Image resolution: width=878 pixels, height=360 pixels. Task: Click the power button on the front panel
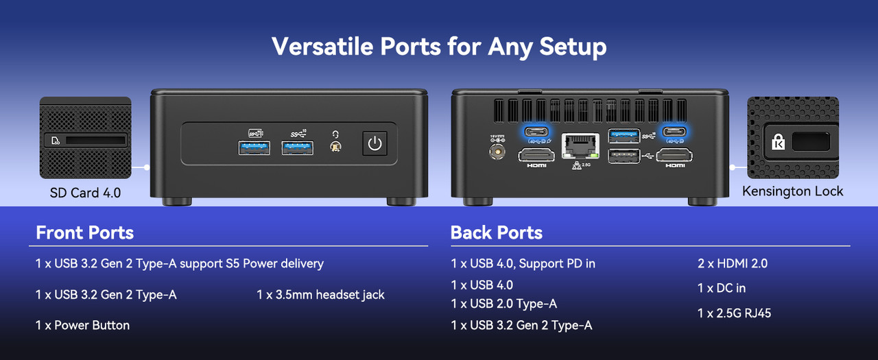375,143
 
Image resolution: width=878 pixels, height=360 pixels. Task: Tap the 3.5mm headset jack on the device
335,147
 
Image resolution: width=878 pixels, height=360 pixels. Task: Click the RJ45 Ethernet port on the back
580,146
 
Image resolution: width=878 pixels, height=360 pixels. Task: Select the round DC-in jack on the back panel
497,151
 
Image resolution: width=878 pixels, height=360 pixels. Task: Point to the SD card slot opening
95,140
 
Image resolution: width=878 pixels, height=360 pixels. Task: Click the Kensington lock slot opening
811,141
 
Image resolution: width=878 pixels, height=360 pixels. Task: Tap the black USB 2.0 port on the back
624,156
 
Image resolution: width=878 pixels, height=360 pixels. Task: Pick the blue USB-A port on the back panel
624,136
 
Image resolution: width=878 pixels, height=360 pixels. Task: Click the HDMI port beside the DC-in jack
536,155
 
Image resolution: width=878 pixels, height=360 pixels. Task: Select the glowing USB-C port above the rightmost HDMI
674,131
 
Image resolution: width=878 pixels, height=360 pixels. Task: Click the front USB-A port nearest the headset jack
297,148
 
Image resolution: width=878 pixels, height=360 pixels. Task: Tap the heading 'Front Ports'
84,232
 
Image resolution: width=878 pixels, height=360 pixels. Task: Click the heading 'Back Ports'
497,232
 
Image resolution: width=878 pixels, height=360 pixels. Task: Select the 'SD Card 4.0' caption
85,193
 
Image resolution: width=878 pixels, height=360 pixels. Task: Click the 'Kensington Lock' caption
792,191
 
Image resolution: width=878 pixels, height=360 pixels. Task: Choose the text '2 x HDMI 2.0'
733,263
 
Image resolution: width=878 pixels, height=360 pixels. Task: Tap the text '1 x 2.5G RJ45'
734,313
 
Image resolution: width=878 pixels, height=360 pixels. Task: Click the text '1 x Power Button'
82,325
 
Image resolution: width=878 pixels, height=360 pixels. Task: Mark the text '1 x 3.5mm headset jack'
320,295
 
